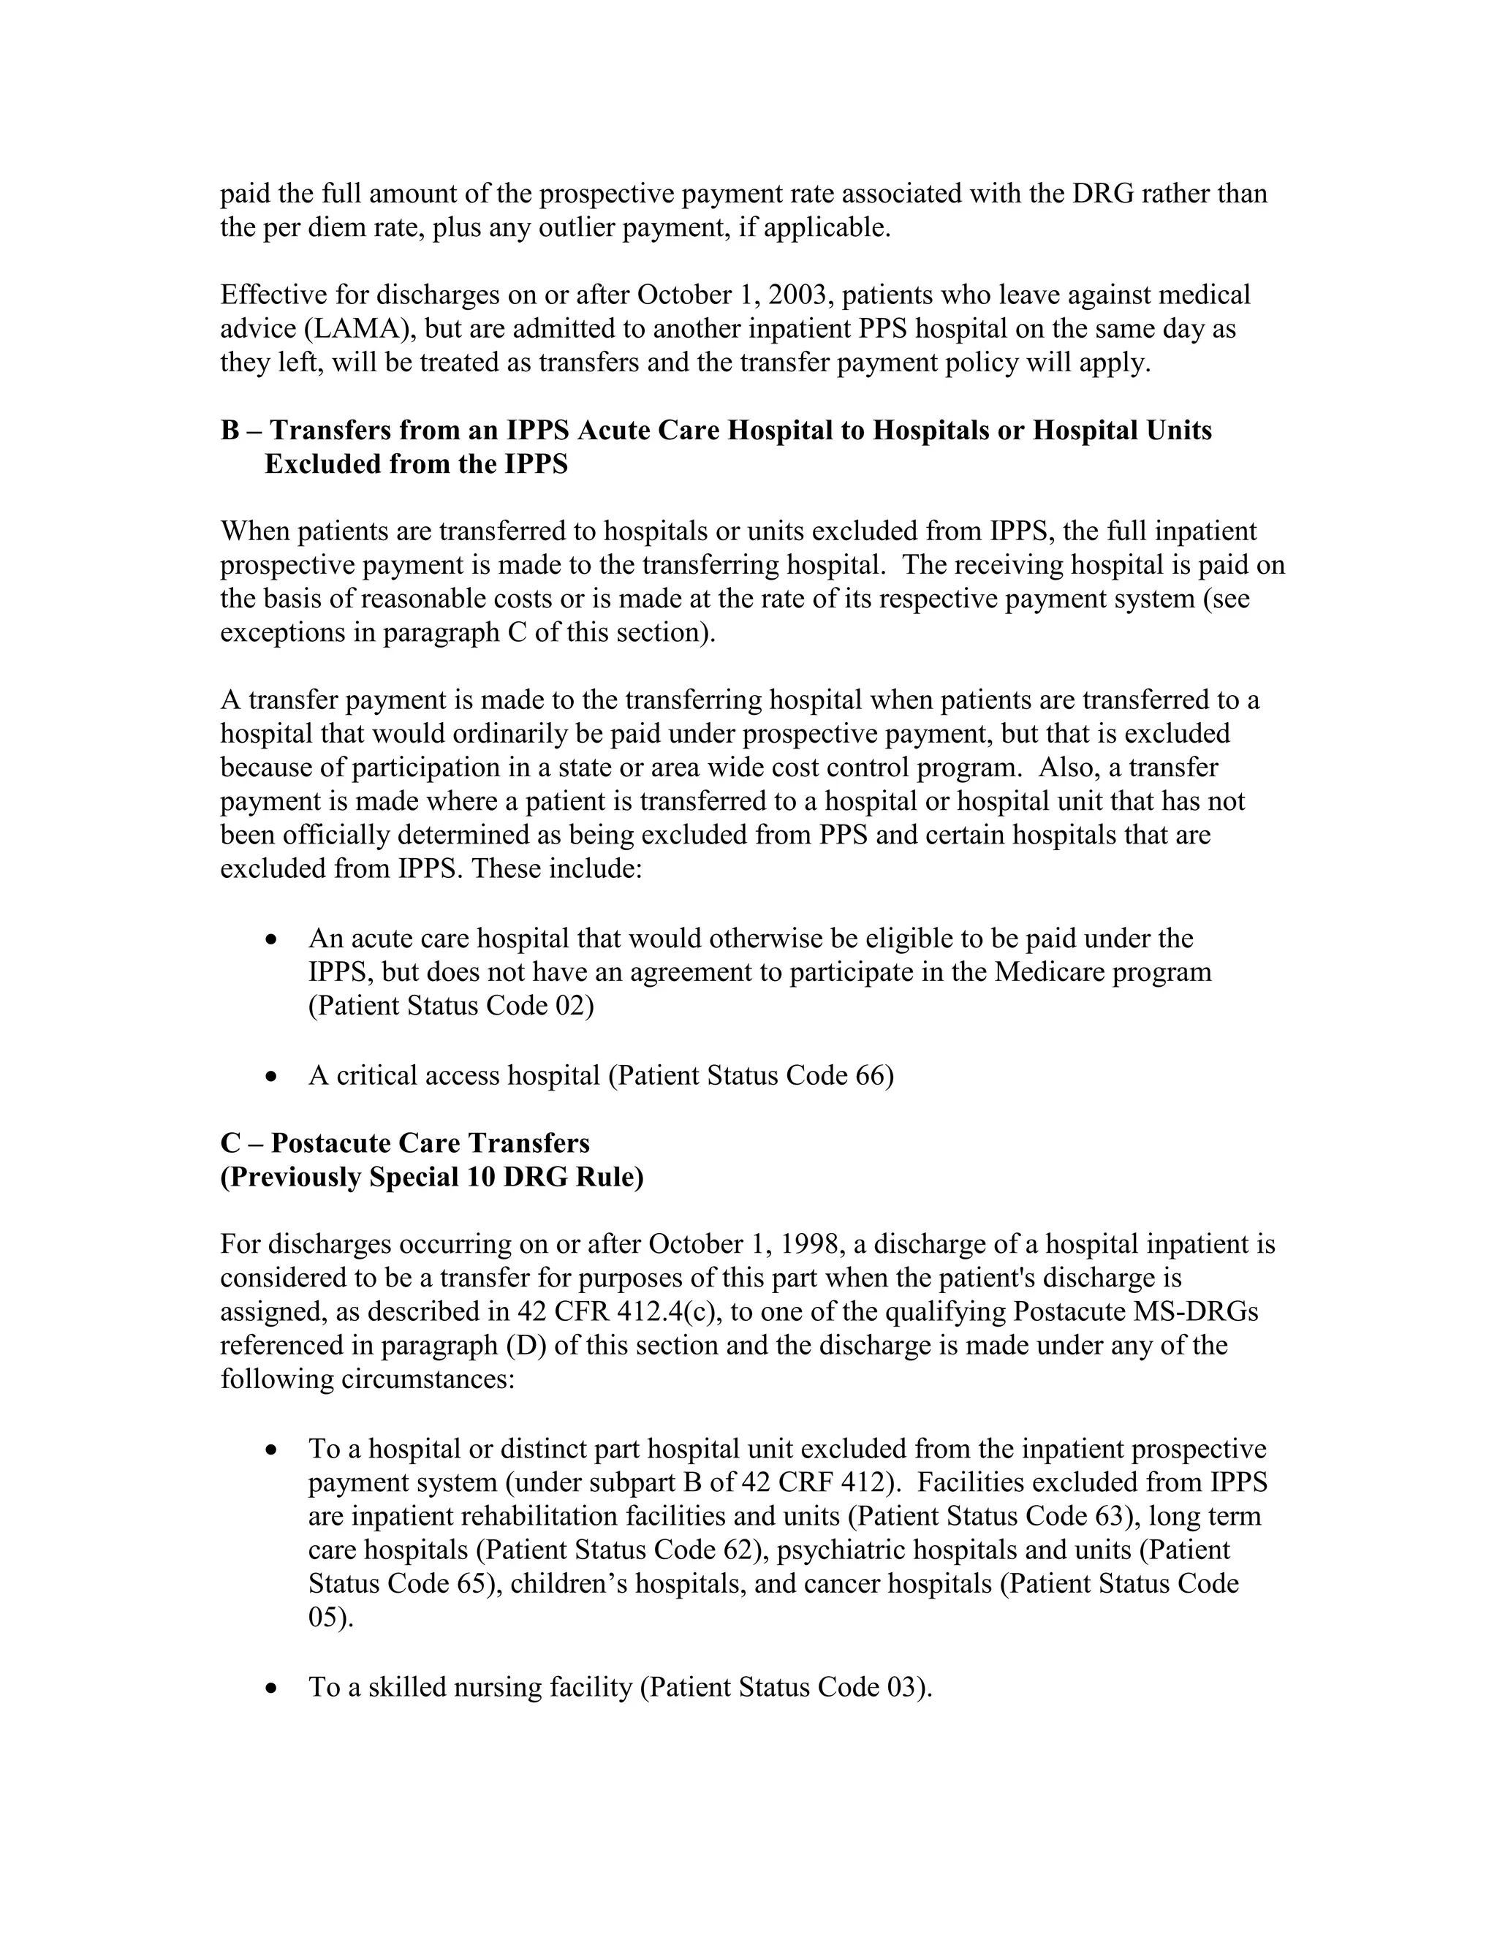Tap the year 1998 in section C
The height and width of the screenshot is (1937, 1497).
click(x=811, y=1244)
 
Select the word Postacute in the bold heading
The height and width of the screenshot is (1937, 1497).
click(x=330, y=1143)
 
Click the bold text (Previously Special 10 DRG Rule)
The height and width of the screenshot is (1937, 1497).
click(x=432, y=1177)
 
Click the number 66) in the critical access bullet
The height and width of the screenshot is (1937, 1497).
click(x=874, y=1076)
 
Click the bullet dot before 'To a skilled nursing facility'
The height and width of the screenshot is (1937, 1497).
click(x=272, y=1688)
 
